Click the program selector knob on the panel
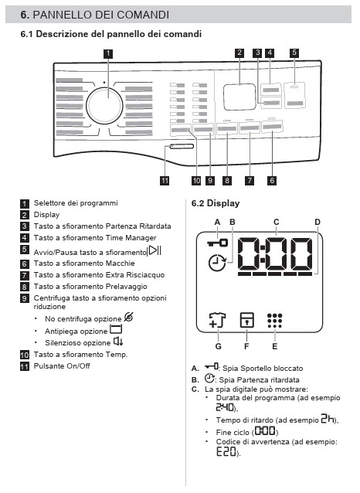point(104,106)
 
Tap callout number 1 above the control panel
point(108,53)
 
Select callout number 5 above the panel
point(294,53)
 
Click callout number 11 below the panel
point(165,181)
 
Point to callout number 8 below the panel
point(226,181)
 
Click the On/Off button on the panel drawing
point(182,146)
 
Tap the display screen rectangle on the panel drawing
point(239,97)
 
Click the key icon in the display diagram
point(218,243)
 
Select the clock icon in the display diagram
point(217,263)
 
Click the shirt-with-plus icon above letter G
point(217,321)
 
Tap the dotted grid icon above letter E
point(275,321)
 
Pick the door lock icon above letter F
point(246,320)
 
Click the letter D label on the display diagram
point(318,223)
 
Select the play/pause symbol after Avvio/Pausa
point(155,250)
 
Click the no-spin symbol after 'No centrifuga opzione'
point(129,317)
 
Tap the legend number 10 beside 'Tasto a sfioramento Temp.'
point(25,355)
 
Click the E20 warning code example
point(226,452)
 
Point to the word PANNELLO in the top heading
point(59,15)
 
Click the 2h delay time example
point(328,419)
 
